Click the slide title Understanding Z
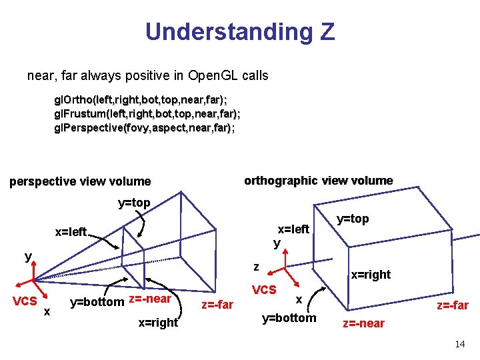[x=239, y=31]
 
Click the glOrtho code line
[x=140, y=100]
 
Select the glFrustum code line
[x=147, y=113]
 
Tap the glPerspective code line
[x=144, y=127]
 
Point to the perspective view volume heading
[x=80, y=181]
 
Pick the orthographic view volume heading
[x=318, y=181]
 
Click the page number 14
[x=459, y=344]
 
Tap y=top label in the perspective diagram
[x=134, y=203]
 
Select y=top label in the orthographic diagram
[x=353, y=219]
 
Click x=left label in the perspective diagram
[x=71, y=232]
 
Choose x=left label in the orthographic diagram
[x=293, y=229]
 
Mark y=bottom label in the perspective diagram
[x=97, y=301]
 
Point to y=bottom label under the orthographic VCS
[x=289, y=318]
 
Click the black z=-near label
[x=150, y=299]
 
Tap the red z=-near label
[x=363, y=323]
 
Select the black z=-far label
[x=217, y=305]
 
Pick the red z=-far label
[x=452, y=305]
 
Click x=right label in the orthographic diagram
[x=371, y=275]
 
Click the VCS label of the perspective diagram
[x=25, y=301]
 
